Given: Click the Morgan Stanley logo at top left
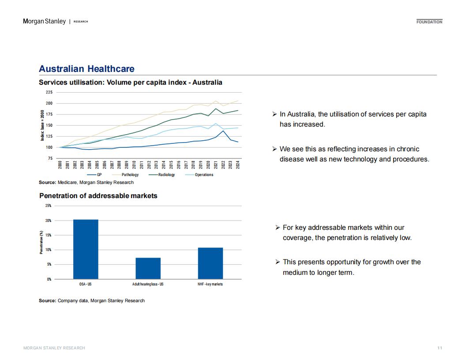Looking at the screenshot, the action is tap(45, 21).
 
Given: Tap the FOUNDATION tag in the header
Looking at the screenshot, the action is tap(429, 22).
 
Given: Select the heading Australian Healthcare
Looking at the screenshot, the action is tap(86, 69).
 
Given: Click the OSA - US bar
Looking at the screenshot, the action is tap(86, 249).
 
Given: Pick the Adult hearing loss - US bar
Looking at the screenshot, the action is tap(148, 268).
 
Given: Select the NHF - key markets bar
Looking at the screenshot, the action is tap(210, 263).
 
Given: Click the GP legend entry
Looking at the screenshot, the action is tap(94, 175).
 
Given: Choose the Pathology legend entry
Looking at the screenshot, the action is tap(125, 175).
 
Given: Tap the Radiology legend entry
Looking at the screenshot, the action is tap(162, 175).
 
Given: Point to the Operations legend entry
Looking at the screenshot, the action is tap(199, 175).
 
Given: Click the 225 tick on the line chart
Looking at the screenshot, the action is tap(49, 92).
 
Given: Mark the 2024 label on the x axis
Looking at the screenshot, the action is tap(238, 165).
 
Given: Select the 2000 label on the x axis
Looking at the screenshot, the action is tap(60, 165).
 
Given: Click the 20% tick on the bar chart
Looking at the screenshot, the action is tap(48, 221).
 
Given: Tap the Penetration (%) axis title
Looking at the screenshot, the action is tap(41, 242).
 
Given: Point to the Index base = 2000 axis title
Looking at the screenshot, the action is tap(42, 125).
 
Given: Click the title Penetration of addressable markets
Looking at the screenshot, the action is tap(98, 196).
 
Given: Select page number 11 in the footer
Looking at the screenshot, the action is tap(440, 348).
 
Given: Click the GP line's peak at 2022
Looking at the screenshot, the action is tap(223, 131).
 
